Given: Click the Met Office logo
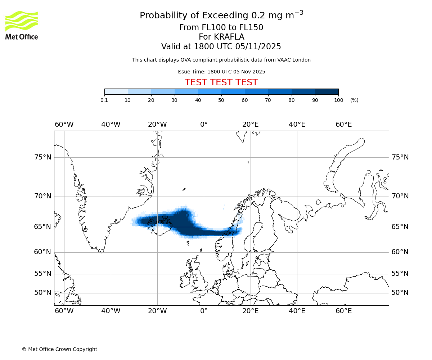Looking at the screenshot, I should pyautogui.click(x=22, y=25).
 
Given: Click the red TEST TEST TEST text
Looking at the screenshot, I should pyautogui.click(x=221, y=82).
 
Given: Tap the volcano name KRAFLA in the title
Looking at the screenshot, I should pyautogui.click(x=221, y=37).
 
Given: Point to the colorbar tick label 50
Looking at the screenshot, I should pyautogui.click(x=221, y=100).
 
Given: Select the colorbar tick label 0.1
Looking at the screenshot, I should pyautogui.click(x=104, y=100).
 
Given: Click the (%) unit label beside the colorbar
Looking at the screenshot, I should pyautogui.click(x=354, y=100).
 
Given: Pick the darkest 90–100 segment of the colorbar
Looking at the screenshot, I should pyautogui.click(x=327, y=91).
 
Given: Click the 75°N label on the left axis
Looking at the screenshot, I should pyautogui.click(x=42, y=157).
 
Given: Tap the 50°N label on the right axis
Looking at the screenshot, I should pyautogui.click(x=400, y=293).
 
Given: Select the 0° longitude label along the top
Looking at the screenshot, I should pyautogui.click(x=204, y=125).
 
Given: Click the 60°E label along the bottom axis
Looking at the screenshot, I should pyautogui.click(x=343, y=311).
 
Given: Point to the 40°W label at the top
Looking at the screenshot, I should pyautogui.click(x=111, y=125).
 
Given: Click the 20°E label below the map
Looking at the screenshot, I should pyautogui.click(x=250, y=311).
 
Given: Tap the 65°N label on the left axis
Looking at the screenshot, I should pyautogui.click(x=42, y=227).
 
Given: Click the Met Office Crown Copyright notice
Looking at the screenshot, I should pyautogui.click(x=59, y=349).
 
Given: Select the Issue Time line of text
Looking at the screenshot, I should pyautogui.click(x=221, y=72).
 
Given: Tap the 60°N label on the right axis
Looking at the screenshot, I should pyautogui.click(x=400, y=252).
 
